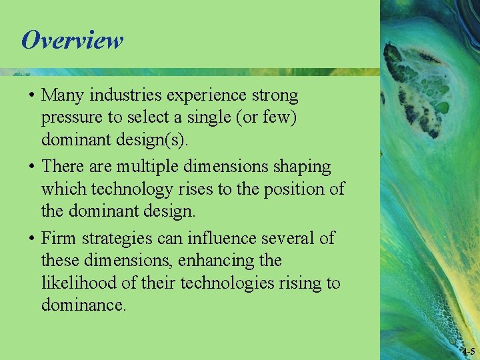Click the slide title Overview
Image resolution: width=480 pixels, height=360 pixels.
(x=72, y=40)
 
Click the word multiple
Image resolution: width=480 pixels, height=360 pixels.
(x=153, y=167)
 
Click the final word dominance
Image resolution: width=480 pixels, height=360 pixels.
(x=83, y=306)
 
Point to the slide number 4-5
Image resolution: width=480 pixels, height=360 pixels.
(x=468, y=351)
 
